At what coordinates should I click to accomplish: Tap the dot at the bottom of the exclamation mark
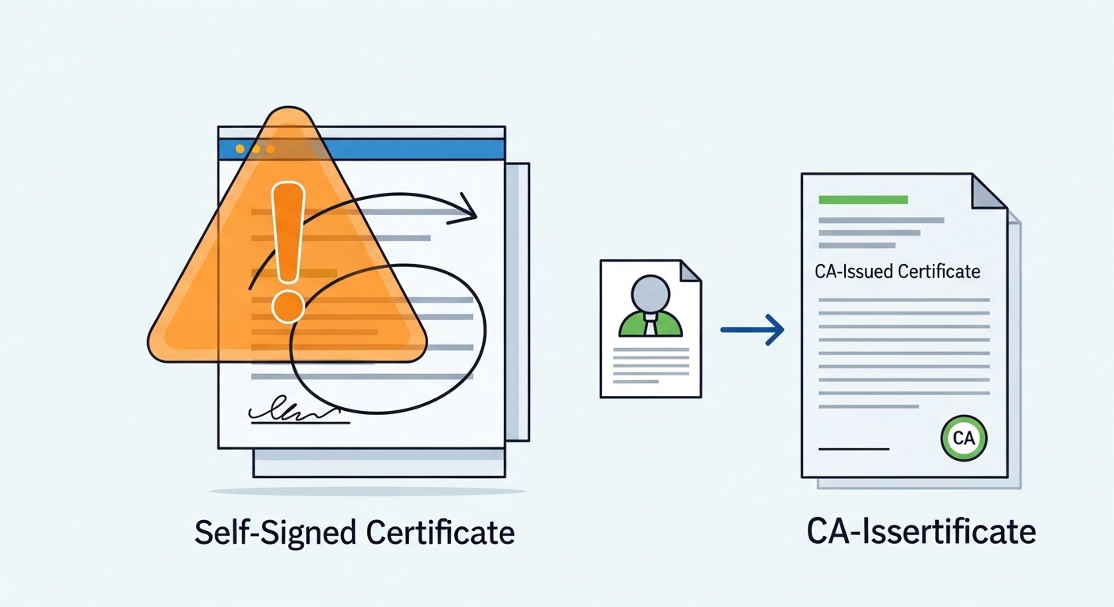click(288, 307)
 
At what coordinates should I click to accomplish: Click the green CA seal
click(964, 438)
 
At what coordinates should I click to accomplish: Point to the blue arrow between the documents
click(752, 330)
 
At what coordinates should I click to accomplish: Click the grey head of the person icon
click(650, 293)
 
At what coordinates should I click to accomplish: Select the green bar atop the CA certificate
click(863, 200)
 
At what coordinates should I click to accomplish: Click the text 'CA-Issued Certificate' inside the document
click(897, 271)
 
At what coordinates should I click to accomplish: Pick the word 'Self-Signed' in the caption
click(275, 533)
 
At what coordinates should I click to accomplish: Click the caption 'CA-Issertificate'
click(921, 531)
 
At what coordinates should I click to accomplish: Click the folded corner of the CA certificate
click(989, 191)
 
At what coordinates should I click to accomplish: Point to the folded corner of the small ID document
click(691, 271)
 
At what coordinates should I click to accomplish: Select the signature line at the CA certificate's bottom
click(854, 449)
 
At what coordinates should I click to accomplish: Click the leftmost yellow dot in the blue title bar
click(240, 149)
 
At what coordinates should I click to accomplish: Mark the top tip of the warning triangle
click(289, 107)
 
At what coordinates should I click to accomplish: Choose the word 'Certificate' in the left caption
click(440, 533)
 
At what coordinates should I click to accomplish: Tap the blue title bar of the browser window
click(362, 149)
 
